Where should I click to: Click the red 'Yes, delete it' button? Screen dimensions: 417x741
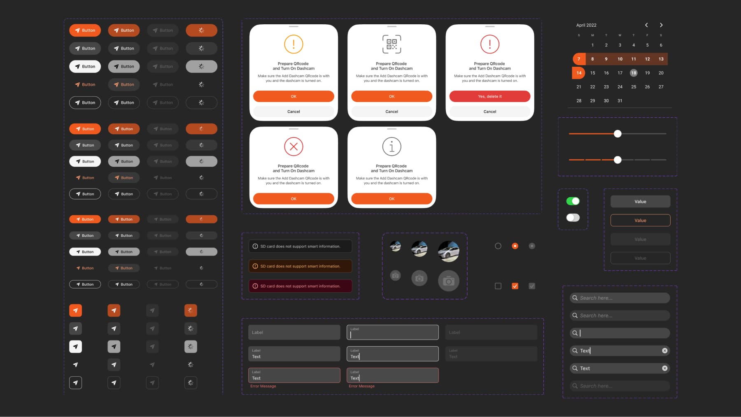click(x=489, y=96)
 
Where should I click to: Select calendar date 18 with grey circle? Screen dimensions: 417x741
click(x=634, y=73)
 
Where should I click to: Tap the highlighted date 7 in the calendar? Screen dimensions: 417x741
click(x=579, y=59)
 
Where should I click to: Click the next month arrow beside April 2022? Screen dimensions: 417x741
click(x=661, y=25)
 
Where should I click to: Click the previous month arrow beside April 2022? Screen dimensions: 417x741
click(x=646, y=25)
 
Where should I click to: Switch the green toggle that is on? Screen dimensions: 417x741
click(x=573, y=201)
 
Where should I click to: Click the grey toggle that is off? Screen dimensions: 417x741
click(x=573, y=217)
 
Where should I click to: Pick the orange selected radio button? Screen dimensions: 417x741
click(x=515, y=246)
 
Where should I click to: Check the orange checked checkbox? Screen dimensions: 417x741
click(x=515, y=286)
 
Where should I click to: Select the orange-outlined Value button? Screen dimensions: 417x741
click(x=640, y=220)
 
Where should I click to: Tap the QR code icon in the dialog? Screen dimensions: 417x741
click(x=391, y=44)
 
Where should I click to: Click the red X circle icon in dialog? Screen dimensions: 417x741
click(x=294, y=147)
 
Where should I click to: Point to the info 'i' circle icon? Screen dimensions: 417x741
click(x=391, y=147)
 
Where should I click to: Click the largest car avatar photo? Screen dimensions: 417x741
click(x=448, y=252)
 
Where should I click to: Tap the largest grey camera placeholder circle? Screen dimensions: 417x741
click(x=448, y=281)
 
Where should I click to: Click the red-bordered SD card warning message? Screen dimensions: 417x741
click(x=300, y=286)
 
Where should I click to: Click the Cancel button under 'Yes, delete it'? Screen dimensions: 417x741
click(x=489, y=112)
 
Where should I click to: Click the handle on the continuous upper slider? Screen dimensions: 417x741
click(x=617, y=134)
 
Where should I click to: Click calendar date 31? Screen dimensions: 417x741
click(x=620, y=100)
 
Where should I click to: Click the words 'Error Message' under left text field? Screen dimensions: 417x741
click(x=263, y=386)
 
